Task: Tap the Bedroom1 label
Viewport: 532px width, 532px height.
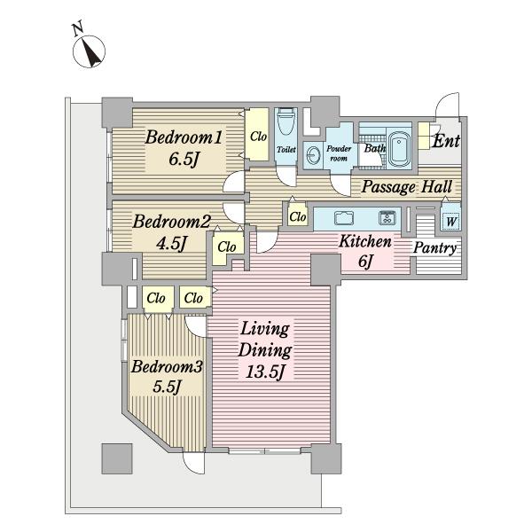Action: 184,138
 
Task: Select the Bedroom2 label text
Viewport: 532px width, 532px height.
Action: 171,222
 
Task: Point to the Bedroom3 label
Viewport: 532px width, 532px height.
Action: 167,367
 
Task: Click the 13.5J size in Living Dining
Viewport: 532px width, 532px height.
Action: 264,372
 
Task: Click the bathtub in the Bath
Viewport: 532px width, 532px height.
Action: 399,149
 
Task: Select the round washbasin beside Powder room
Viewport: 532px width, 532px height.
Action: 313,156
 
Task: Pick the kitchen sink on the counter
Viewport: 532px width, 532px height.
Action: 344,218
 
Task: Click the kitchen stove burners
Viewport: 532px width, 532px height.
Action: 387,217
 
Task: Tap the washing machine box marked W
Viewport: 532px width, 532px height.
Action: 451,221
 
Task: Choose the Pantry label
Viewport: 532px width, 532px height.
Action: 434,248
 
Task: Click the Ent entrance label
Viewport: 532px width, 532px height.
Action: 446,141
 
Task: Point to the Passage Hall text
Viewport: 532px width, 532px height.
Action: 406,187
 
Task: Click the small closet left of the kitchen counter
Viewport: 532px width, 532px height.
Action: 298,216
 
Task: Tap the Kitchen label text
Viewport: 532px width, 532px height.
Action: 365,241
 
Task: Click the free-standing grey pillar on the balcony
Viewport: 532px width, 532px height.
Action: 117,458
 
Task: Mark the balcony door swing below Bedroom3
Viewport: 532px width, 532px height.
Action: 193,463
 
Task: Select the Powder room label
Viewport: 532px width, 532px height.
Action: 339,153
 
